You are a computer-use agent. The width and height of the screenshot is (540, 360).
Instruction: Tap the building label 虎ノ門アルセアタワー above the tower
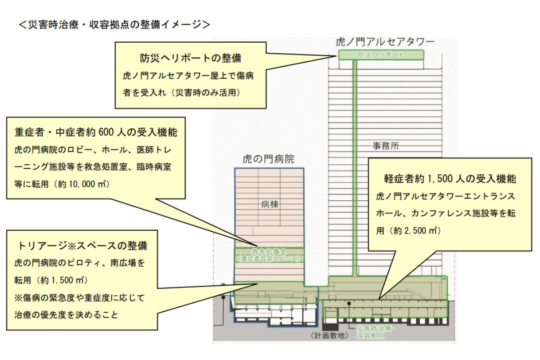385,42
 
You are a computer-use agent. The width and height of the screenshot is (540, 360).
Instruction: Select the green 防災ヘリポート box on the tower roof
381,55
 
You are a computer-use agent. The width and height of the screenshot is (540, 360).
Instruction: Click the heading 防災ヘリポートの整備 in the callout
190,58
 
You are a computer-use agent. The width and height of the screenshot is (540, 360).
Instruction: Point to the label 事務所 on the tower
386,146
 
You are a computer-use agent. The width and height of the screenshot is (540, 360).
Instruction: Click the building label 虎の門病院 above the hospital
268,159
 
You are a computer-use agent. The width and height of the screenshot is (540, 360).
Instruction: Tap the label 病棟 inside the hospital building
270,204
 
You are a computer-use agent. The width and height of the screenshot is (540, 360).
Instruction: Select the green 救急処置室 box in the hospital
269,255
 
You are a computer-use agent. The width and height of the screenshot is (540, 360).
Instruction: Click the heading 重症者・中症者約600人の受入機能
95,133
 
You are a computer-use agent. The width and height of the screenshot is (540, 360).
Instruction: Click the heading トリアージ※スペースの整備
82,246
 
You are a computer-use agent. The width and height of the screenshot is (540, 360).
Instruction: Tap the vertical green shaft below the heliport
355,166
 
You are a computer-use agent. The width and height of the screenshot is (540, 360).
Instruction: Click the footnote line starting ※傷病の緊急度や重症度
79,297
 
